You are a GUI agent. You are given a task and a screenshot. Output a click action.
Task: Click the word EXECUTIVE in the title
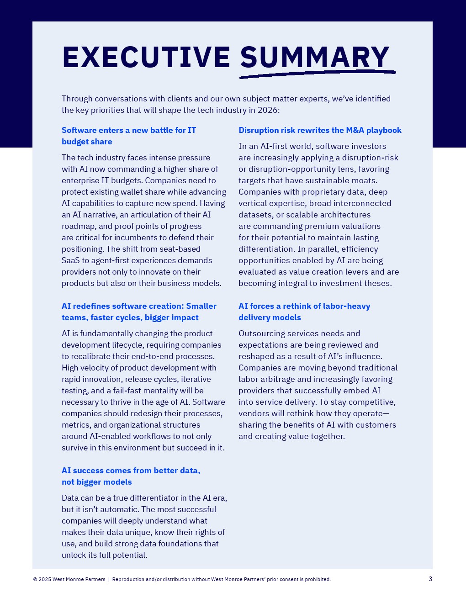[146, 57]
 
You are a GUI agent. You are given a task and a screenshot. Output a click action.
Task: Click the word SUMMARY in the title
[315, 57]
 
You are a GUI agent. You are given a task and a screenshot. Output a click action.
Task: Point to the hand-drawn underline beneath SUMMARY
[318, 74]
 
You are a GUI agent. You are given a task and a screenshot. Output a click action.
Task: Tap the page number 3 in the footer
[430, 579]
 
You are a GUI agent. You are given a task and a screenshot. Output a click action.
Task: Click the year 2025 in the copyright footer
[45, 579]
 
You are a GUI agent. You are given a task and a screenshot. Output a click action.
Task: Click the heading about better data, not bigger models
[131, 476]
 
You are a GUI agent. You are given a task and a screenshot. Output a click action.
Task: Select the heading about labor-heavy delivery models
[304, 312]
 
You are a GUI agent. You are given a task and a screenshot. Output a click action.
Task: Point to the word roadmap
[78, 226]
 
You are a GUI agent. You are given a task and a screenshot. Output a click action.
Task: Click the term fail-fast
[132, 391]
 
